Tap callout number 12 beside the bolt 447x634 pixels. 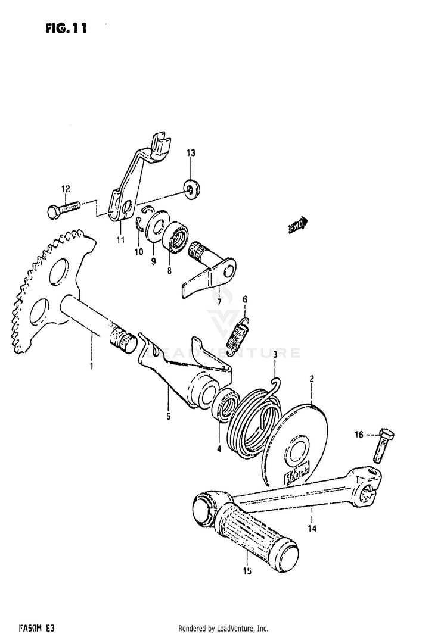click(66, 189)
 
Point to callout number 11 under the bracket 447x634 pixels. click(120, 240)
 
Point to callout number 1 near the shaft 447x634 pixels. click(91, 365)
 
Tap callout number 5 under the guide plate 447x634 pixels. click(168, 416)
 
